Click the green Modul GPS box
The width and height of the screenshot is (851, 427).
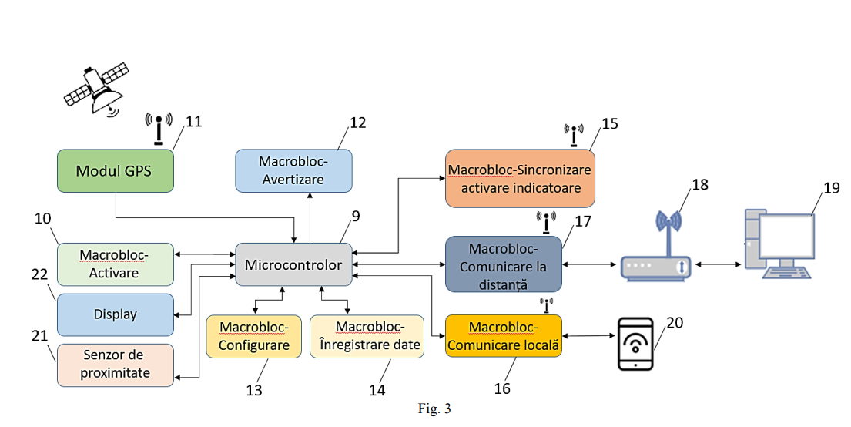pyautogui.click(x=115, y=170)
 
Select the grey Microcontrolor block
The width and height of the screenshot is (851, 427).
pyautogui.click(x=293, y=265)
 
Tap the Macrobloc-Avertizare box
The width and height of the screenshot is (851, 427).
pyautogui.click(x=293, y=170)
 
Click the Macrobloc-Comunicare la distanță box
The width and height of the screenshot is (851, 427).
pyautogui.click(x=503, y=264)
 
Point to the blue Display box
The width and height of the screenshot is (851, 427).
pyautogui.click(x=115, y=314)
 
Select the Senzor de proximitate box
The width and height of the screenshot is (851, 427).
pyautogui.click(x=115, y=365)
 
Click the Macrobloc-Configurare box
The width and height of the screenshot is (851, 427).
pyautogui.click(x=254, y=336)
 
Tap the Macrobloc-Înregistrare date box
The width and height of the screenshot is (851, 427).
pyautogui.click(x=367, y=336)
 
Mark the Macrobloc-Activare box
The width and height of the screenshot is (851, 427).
pyautogui.click(x=115, y=264)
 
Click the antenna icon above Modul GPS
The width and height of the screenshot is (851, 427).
pyautogui.click(x=159, y=129)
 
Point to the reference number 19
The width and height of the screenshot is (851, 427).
pyautogui.click(x=830, y=190)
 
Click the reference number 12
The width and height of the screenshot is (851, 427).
pyautogui.click(x=357, y=123)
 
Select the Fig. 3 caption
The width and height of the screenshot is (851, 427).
pyautogui.click(x=434, y=409)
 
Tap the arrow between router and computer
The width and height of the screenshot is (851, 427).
pyautogui.click(x=718, y=265)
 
